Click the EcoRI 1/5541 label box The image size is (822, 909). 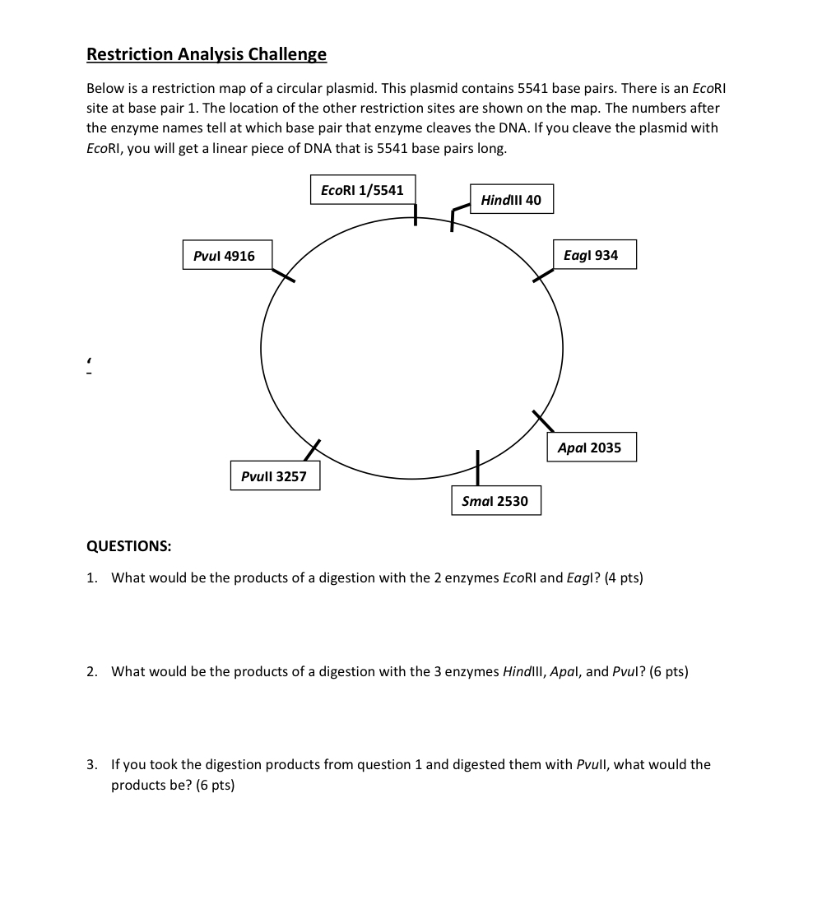(x=362, y=190)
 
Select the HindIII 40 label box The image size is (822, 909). (x=511, y=200)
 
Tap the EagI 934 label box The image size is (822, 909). (x=591, y=255)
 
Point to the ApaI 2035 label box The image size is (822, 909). (x=590, y=448)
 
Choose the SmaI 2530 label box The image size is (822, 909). (x=495, y=501)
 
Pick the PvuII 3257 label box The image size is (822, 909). (x=274, y=476)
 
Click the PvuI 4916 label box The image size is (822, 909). (x=224, y=256)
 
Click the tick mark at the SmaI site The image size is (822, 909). (x=477, y=467)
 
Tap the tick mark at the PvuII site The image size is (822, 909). (x=311, y=450)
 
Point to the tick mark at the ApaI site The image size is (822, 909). (x=542, y=420)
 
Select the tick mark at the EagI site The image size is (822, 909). (x=544, y=275)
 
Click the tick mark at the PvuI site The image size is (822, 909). (x=283, y=274)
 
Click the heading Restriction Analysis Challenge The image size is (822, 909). (x=207, y=54)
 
